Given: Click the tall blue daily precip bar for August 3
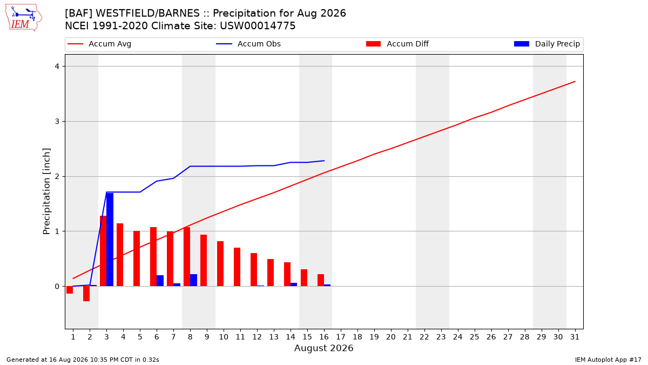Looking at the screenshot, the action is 110,240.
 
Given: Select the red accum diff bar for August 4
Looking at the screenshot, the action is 120,255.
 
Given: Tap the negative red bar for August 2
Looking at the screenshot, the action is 86,294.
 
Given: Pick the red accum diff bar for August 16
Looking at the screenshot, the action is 321,280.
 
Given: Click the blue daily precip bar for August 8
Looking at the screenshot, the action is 193,280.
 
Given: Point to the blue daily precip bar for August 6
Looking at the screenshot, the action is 160,281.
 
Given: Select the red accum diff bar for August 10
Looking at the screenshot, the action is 220,264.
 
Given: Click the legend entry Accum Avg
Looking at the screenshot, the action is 99,44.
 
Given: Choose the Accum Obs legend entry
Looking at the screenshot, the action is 248,44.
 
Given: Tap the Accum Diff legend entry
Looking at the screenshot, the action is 397,44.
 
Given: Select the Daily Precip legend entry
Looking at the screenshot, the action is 547,44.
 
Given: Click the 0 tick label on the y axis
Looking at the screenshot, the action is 57,287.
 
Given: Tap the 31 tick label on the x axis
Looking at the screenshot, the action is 575,337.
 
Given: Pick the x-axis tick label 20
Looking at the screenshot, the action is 391,337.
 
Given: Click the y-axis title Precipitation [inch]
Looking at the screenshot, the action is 46,191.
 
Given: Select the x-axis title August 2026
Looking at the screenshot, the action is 323,348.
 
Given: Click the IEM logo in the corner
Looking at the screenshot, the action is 24,18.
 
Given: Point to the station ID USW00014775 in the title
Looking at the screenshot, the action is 258,26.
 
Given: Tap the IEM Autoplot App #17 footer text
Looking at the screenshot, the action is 608,360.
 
